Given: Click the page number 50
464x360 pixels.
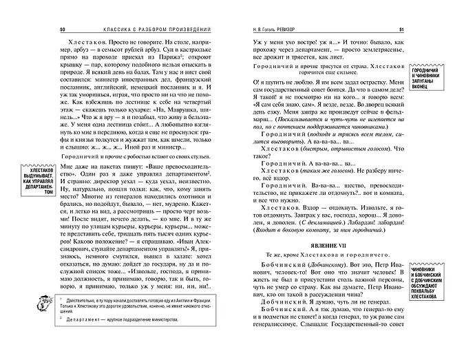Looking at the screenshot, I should click(62, 30).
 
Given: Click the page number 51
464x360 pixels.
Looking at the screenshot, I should click(401, 30).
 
